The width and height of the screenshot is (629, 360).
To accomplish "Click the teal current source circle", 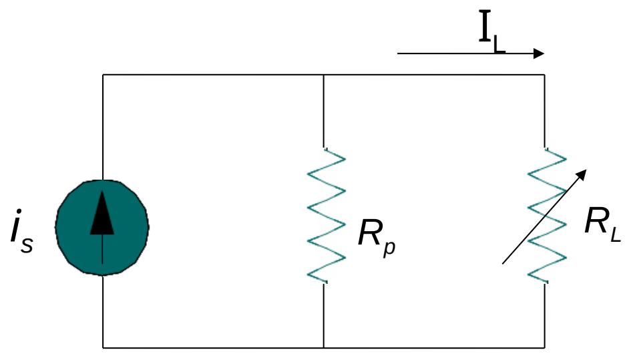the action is [x=102, y=227].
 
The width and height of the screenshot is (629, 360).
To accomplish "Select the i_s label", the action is [x=21, y=231].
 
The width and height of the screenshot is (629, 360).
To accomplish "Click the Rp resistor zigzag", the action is [x=326, y=216].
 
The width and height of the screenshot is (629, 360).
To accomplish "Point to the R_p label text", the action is [x=377, y=237].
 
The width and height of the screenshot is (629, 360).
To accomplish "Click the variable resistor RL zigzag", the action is [x=546, y=216].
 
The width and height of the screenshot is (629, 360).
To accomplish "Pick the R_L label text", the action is [x=602, y=224].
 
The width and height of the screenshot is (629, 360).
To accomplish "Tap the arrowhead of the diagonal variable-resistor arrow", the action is [x=580, y=175].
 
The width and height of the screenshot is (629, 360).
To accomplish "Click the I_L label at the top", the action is [x=492, y=32].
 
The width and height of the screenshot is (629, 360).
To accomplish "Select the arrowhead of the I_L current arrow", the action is [x=539, y=53].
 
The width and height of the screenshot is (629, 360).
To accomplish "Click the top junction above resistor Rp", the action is [x=324, y=75].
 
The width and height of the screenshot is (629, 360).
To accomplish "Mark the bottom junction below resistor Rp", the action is [x=324, y=347].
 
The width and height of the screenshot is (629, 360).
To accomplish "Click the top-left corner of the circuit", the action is [x=103, y=75].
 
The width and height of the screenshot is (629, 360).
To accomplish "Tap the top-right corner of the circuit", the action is [x=544, y=75].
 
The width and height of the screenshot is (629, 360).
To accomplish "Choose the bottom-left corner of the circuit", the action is [x=103, y=347].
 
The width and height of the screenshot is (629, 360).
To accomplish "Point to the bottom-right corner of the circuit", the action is [x=544, y=347].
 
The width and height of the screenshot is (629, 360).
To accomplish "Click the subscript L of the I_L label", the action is [x=499, y=43].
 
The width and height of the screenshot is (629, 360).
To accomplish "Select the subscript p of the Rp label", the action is [x=389, y=247].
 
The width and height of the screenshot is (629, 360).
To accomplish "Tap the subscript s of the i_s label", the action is [x=27, y=245].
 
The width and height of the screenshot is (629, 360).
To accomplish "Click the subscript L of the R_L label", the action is [x=616, y=234].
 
